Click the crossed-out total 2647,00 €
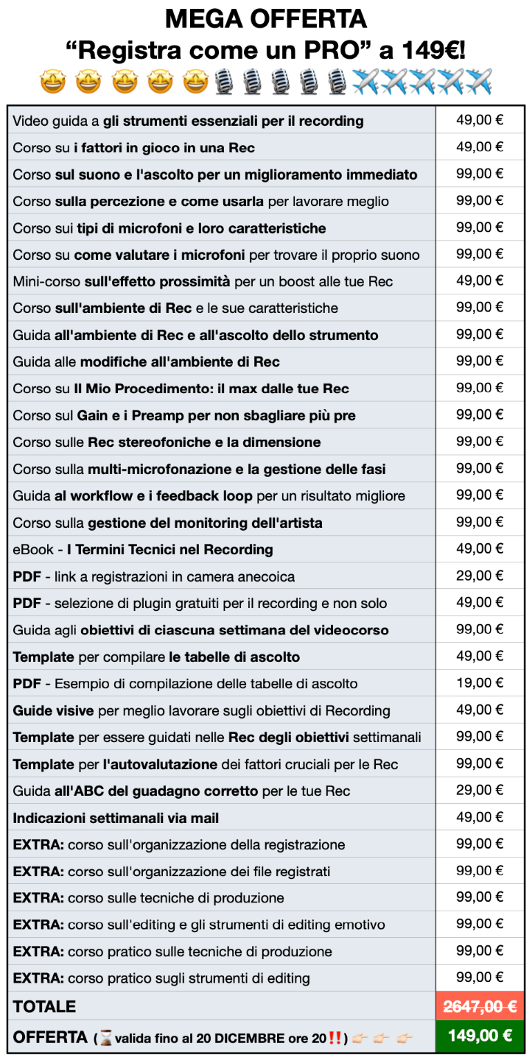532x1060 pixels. click(x=480, y=1006)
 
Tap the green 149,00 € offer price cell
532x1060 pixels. click(x=480, y=1036)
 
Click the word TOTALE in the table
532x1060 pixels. click(x=44, y=1006)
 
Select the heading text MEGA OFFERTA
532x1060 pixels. click(x=265, y=18)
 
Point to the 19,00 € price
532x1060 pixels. click(x=480, y=682)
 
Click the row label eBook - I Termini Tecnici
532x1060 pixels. click(x=143, y=549)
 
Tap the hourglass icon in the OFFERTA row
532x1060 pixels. click(x=106, y=1038)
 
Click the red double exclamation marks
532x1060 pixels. click(x=335, y=1038)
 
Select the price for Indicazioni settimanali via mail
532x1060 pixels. click(x=480, y=817)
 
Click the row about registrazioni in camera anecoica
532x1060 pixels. click(x=153, y=576)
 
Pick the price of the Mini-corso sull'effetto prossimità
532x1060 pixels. click(x=480, y=280)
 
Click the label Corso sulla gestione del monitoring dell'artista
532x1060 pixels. click(x=167, y=523)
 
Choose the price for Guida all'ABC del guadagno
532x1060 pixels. click(x=480, y=790)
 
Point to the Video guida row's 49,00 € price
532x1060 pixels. click(x=480, y=120)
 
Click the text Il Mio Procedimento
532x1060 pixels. click(x=162, y=389)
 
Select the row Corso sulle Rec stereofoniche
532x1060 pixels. click(x=167, y=442)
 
